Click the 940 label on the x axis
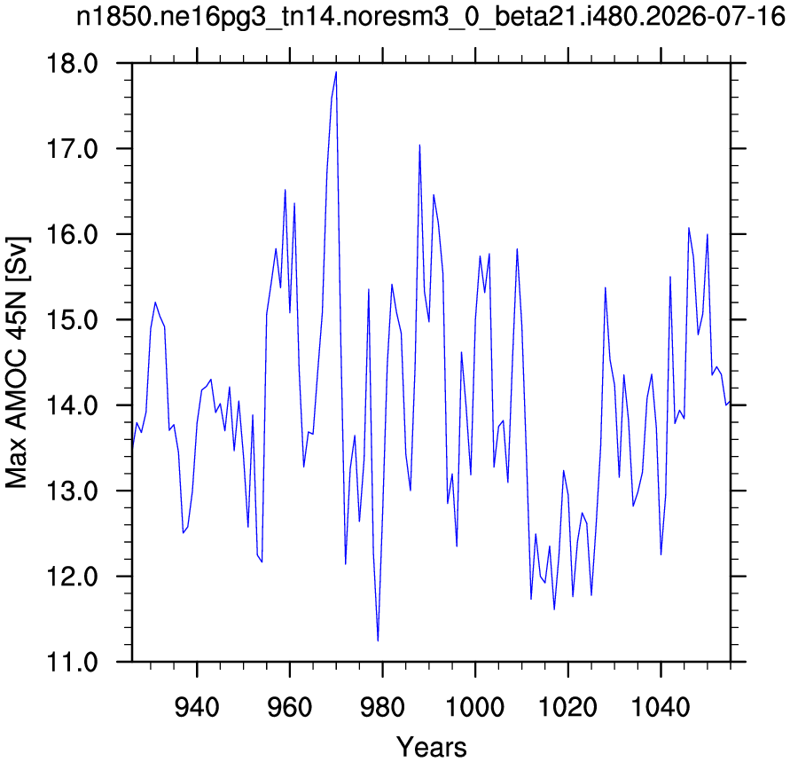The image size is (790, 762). (x=197, y=707)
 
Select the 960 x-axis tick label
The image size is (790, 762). (x=290, y=707)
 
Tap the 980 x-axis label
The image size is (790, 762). (x=382, y=707)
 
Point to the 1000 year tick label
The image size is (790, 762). (x=475, y=707)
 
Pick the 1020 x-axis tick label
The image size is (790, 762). (x=567, y=707)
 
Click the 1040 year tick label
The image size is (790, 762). (x=661, y=707)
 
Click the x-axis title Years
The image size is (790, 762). (x=431, y=746)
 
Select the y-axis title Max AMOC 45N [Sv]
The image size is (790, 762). (x=18, y=362)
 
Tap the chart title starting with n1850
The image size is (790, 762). (x=431, y=17)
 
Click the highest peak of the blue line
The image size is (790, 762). (x=336, y=72)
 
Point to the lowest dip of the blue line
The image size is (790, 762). (x=378, y=640)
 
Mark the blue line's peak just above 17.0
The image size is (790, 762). (x=419, y=145)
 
